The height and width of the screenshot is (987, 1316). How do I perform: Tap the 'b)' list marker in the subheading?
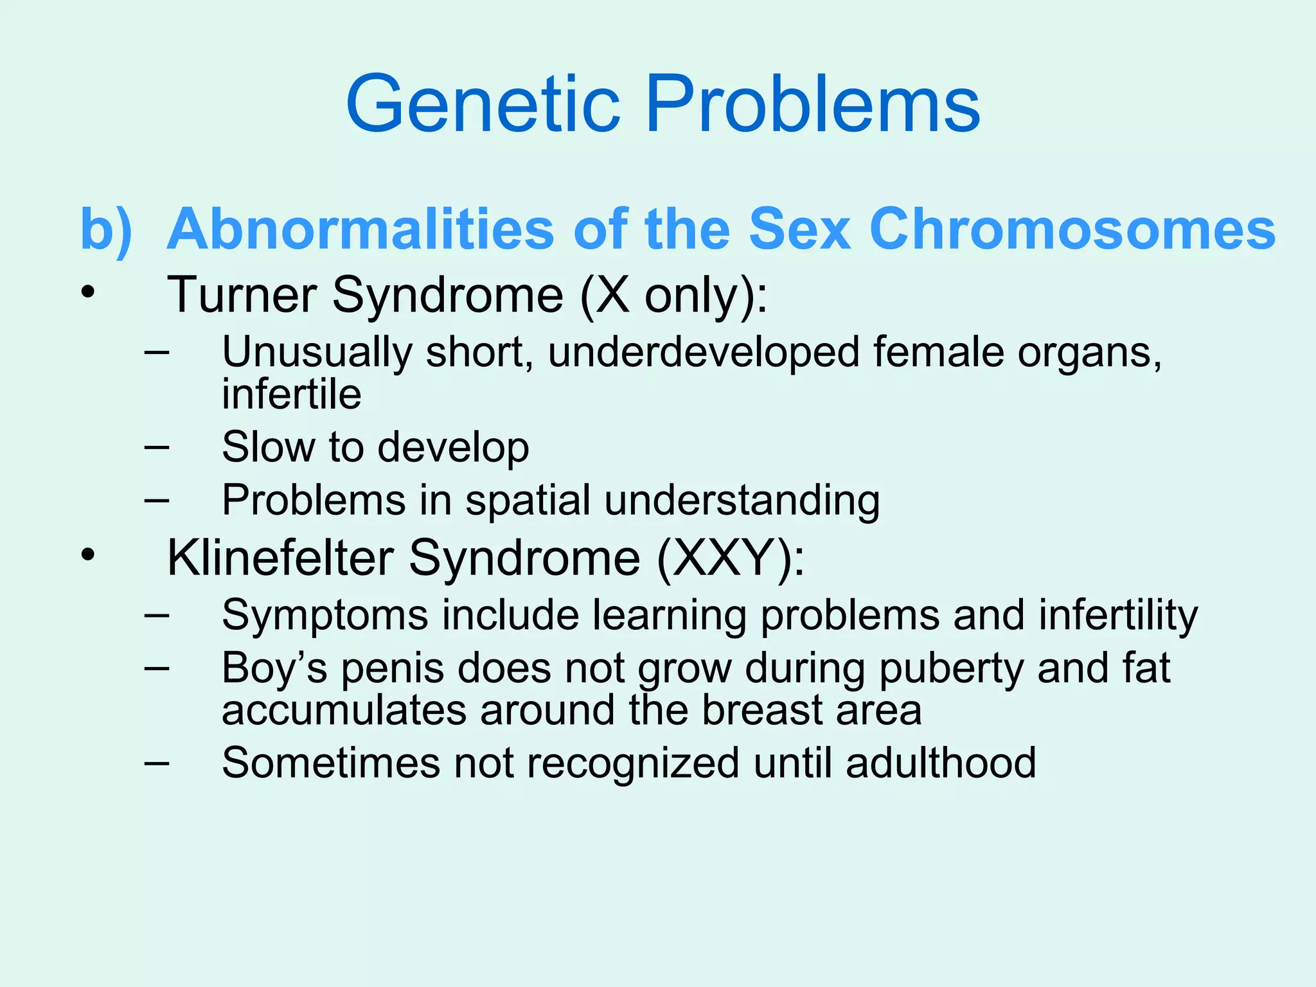click(105, 229)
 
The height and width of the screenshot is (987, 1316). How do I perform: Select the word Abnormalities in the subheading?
click(360, 229)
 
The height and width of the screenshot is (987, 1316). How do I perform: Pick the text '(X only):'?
click(673, 295)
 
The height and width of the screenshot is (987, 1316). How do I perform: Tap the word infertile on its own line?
click(291, 394)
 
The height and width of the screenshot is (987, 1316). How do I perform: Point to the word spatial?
click(528, 499)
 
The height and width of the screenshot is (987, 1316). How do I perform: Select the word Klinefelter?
click(280, 558)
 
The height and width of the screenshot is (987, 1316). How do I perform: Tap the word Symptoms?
click(325, 615)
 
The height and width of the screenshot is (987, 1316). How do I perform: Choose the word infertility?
click(1118, 615)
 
